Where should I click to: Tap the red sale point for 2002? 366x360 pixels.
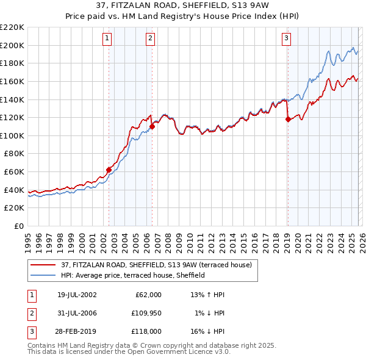(x=109, y=170)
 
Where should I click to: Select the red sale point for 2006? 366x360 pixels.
(x=152, y=126)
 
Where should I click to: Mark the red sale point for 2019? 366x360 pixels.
(x=287, y=120)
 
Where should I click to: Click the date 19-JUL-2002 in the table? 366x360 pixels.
(x=77, y=295)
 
